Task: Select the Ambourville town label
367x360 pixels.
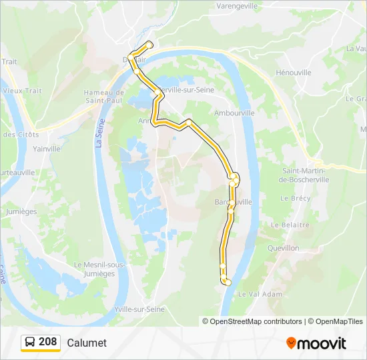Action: [x=234, y=113]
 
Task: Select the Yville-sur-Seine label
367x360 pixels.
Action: [x=139, y=309]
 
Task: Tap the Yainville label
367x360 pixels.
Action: [x=47, y=149]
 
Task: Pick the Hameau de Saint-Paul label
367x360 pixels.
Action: [x=103, y=97]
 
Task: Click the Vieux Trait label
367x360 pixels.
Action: [x=22, y=91]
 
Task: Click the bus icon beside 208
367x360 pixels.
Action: [x=30, y=342]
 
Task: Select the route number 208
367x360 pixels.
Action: [x=48, y=342]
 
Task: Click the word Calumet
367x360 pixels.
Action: [x=87, y=343]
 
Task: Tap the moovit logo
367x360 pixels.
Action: [x=316, y=343]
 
